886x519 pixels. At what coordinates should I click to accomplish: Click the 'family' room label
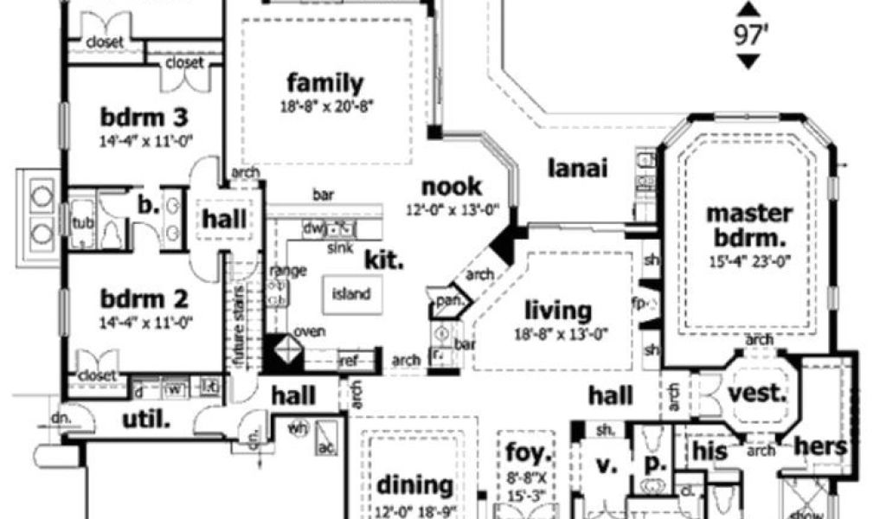click(x=324, y=84)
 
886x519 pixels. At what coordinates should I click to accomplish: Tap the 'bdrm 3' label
click(x=144, y=116)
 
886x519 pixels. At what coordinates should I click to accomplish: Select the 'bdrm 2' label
click(x=144, y=300)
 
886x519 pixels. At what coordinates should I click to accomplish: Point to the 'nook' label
click(x=452, y=187)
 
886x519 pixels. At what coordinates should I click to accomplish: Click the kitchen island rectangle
click(x=351, y=293)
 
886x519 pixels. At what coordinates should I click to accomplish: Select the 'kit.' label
click(x=384, y=259)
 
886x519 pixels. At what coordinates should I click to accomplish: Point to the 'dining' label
click(x=414, y=485)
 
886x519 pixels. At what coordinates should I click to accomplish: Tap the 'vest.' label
click(x=757, y=394)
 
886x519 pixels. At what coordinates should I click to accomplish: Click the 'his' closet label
click(x=710, y=449)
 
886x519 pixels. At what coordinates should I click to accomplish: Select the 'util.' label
click(x=145, y=420)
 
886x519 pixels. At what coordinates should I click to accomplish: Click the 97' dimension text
click(x=749, y=35)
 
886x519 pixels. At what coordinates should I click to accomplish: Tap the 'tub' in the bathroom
click(x=81, y=221)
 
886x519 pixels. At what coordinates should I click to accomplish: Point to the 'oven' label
click(x=309, y=332)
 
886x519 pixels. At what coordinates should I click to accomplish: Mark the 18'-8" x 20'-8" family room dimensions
click(x=324, y=106)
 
